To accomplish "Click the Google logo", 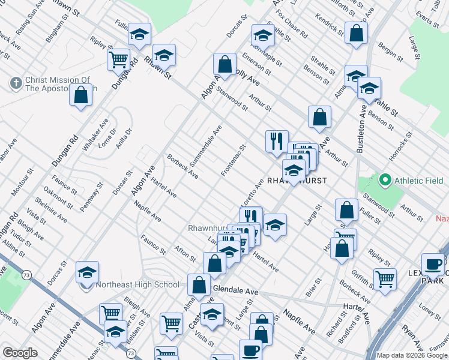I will tap(20, 353).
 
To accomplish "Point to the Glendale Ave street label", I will tap(235, 291).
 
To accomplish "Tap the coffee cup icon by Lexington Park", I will tap(433, 264).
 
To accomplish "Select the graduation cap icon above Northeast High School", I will tap(88, 272).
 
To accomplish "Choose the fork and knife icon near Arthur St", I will tap(277, 141).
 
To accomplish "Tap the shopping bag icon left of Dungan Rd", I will tap(81, 95).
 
